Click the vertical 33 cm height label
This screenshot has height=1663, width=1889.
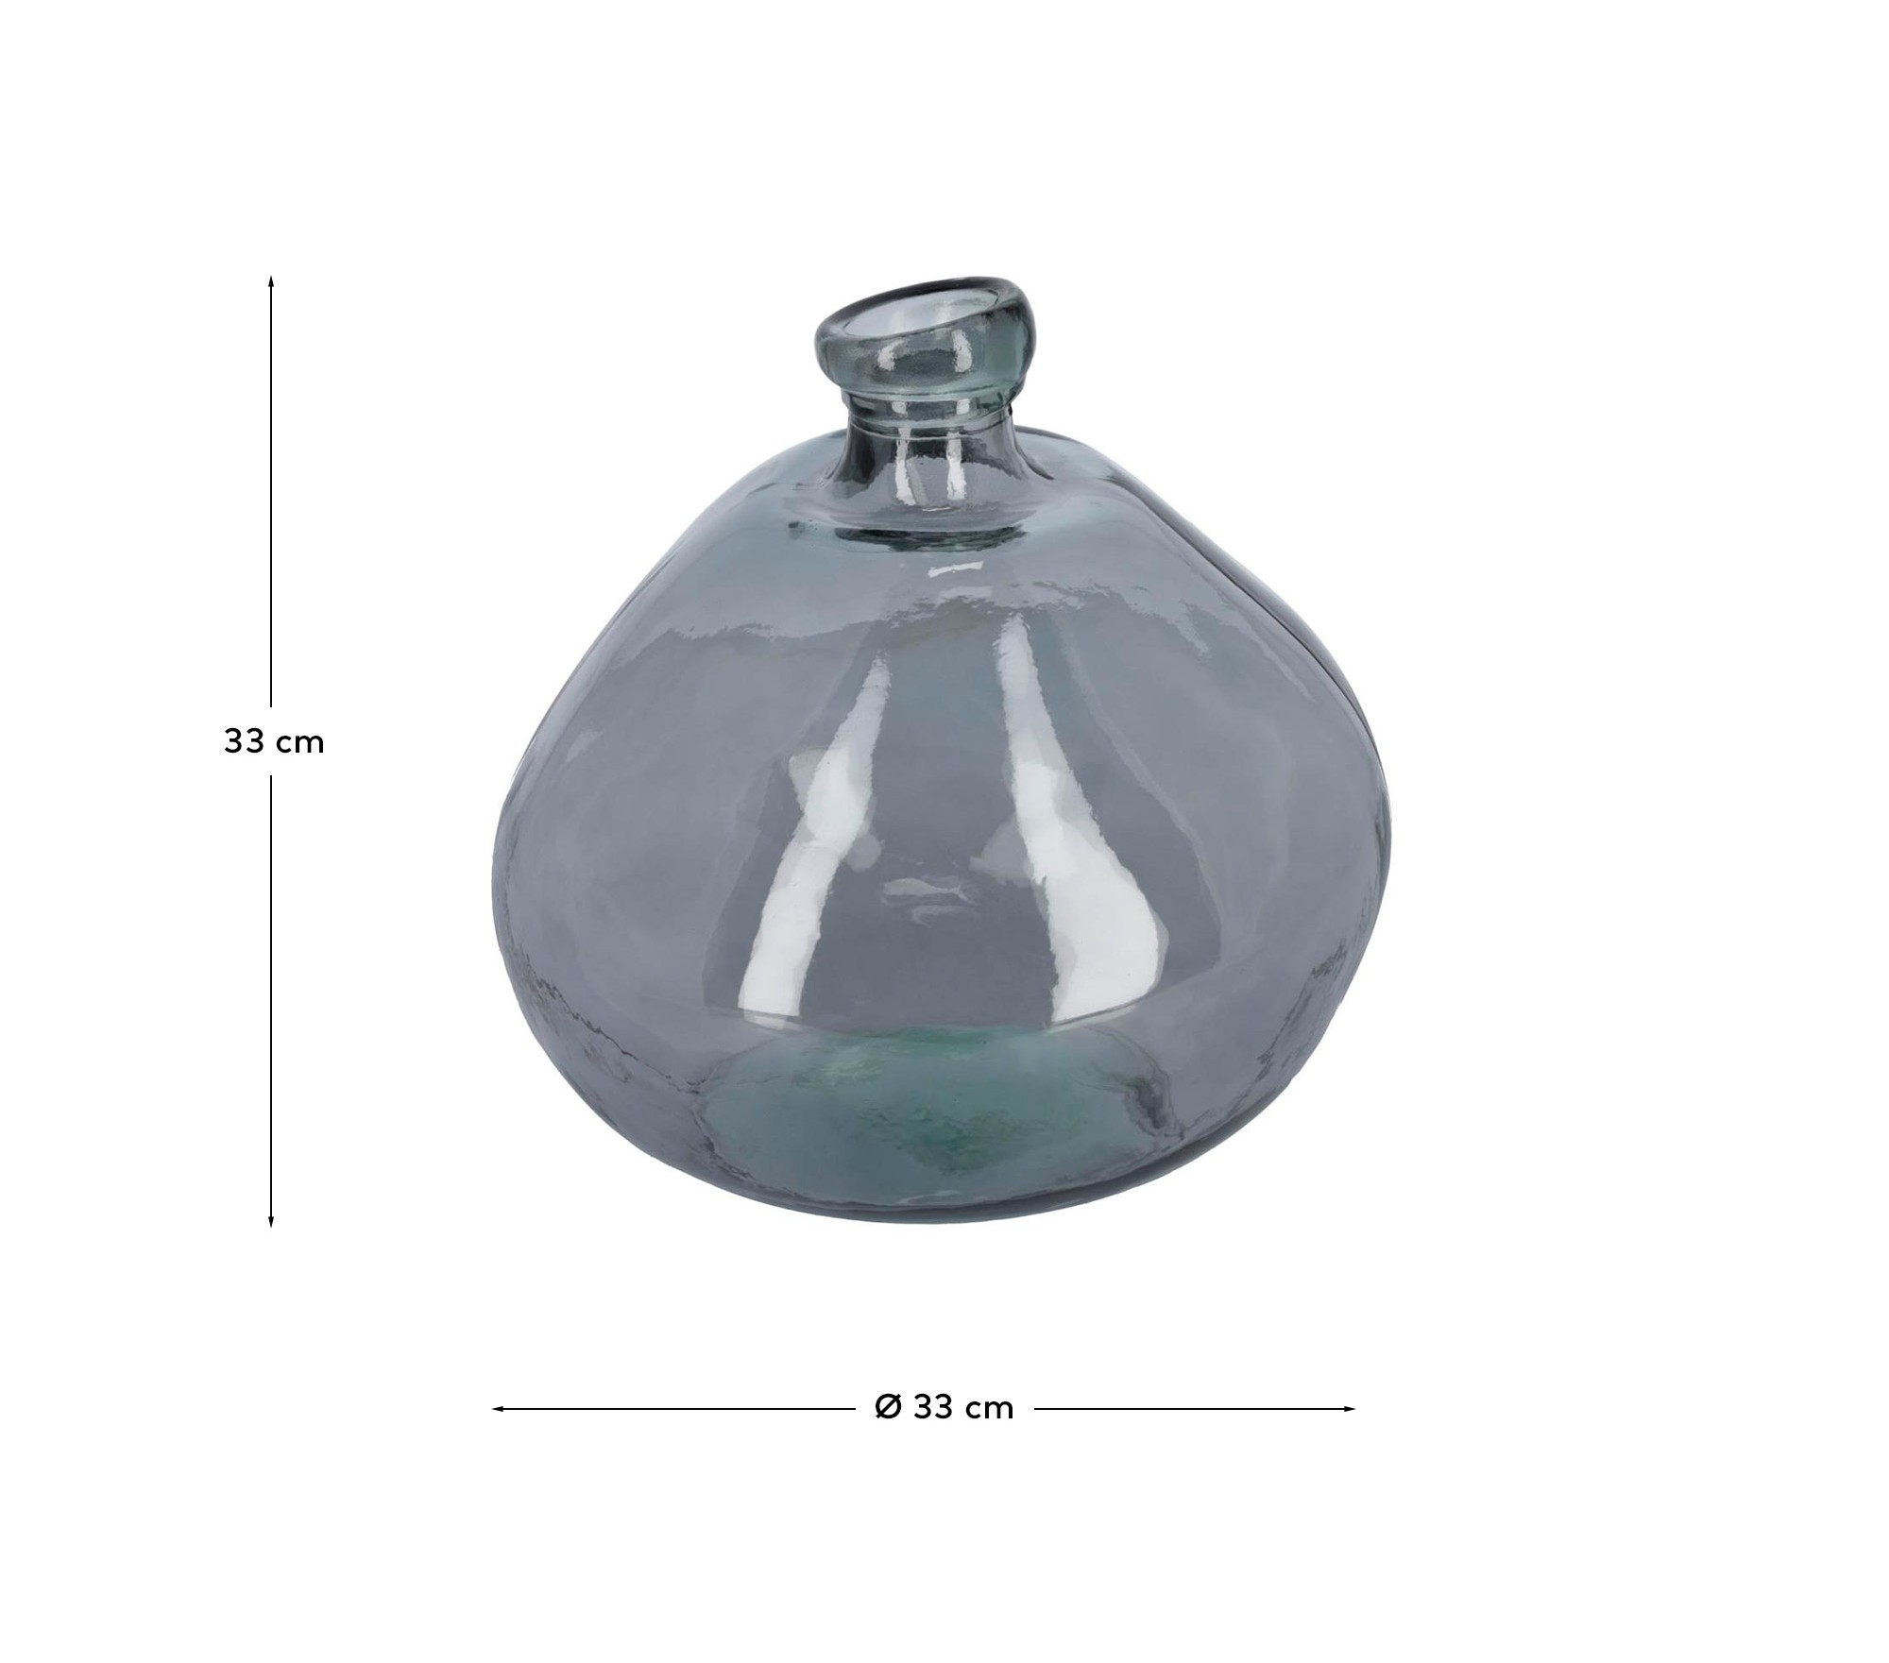pos(274,742)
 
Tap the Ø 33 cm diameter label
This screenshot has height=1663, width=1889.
pos(944,1408)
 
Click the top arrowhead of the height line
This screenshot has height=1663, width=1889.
pos(271,281)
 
